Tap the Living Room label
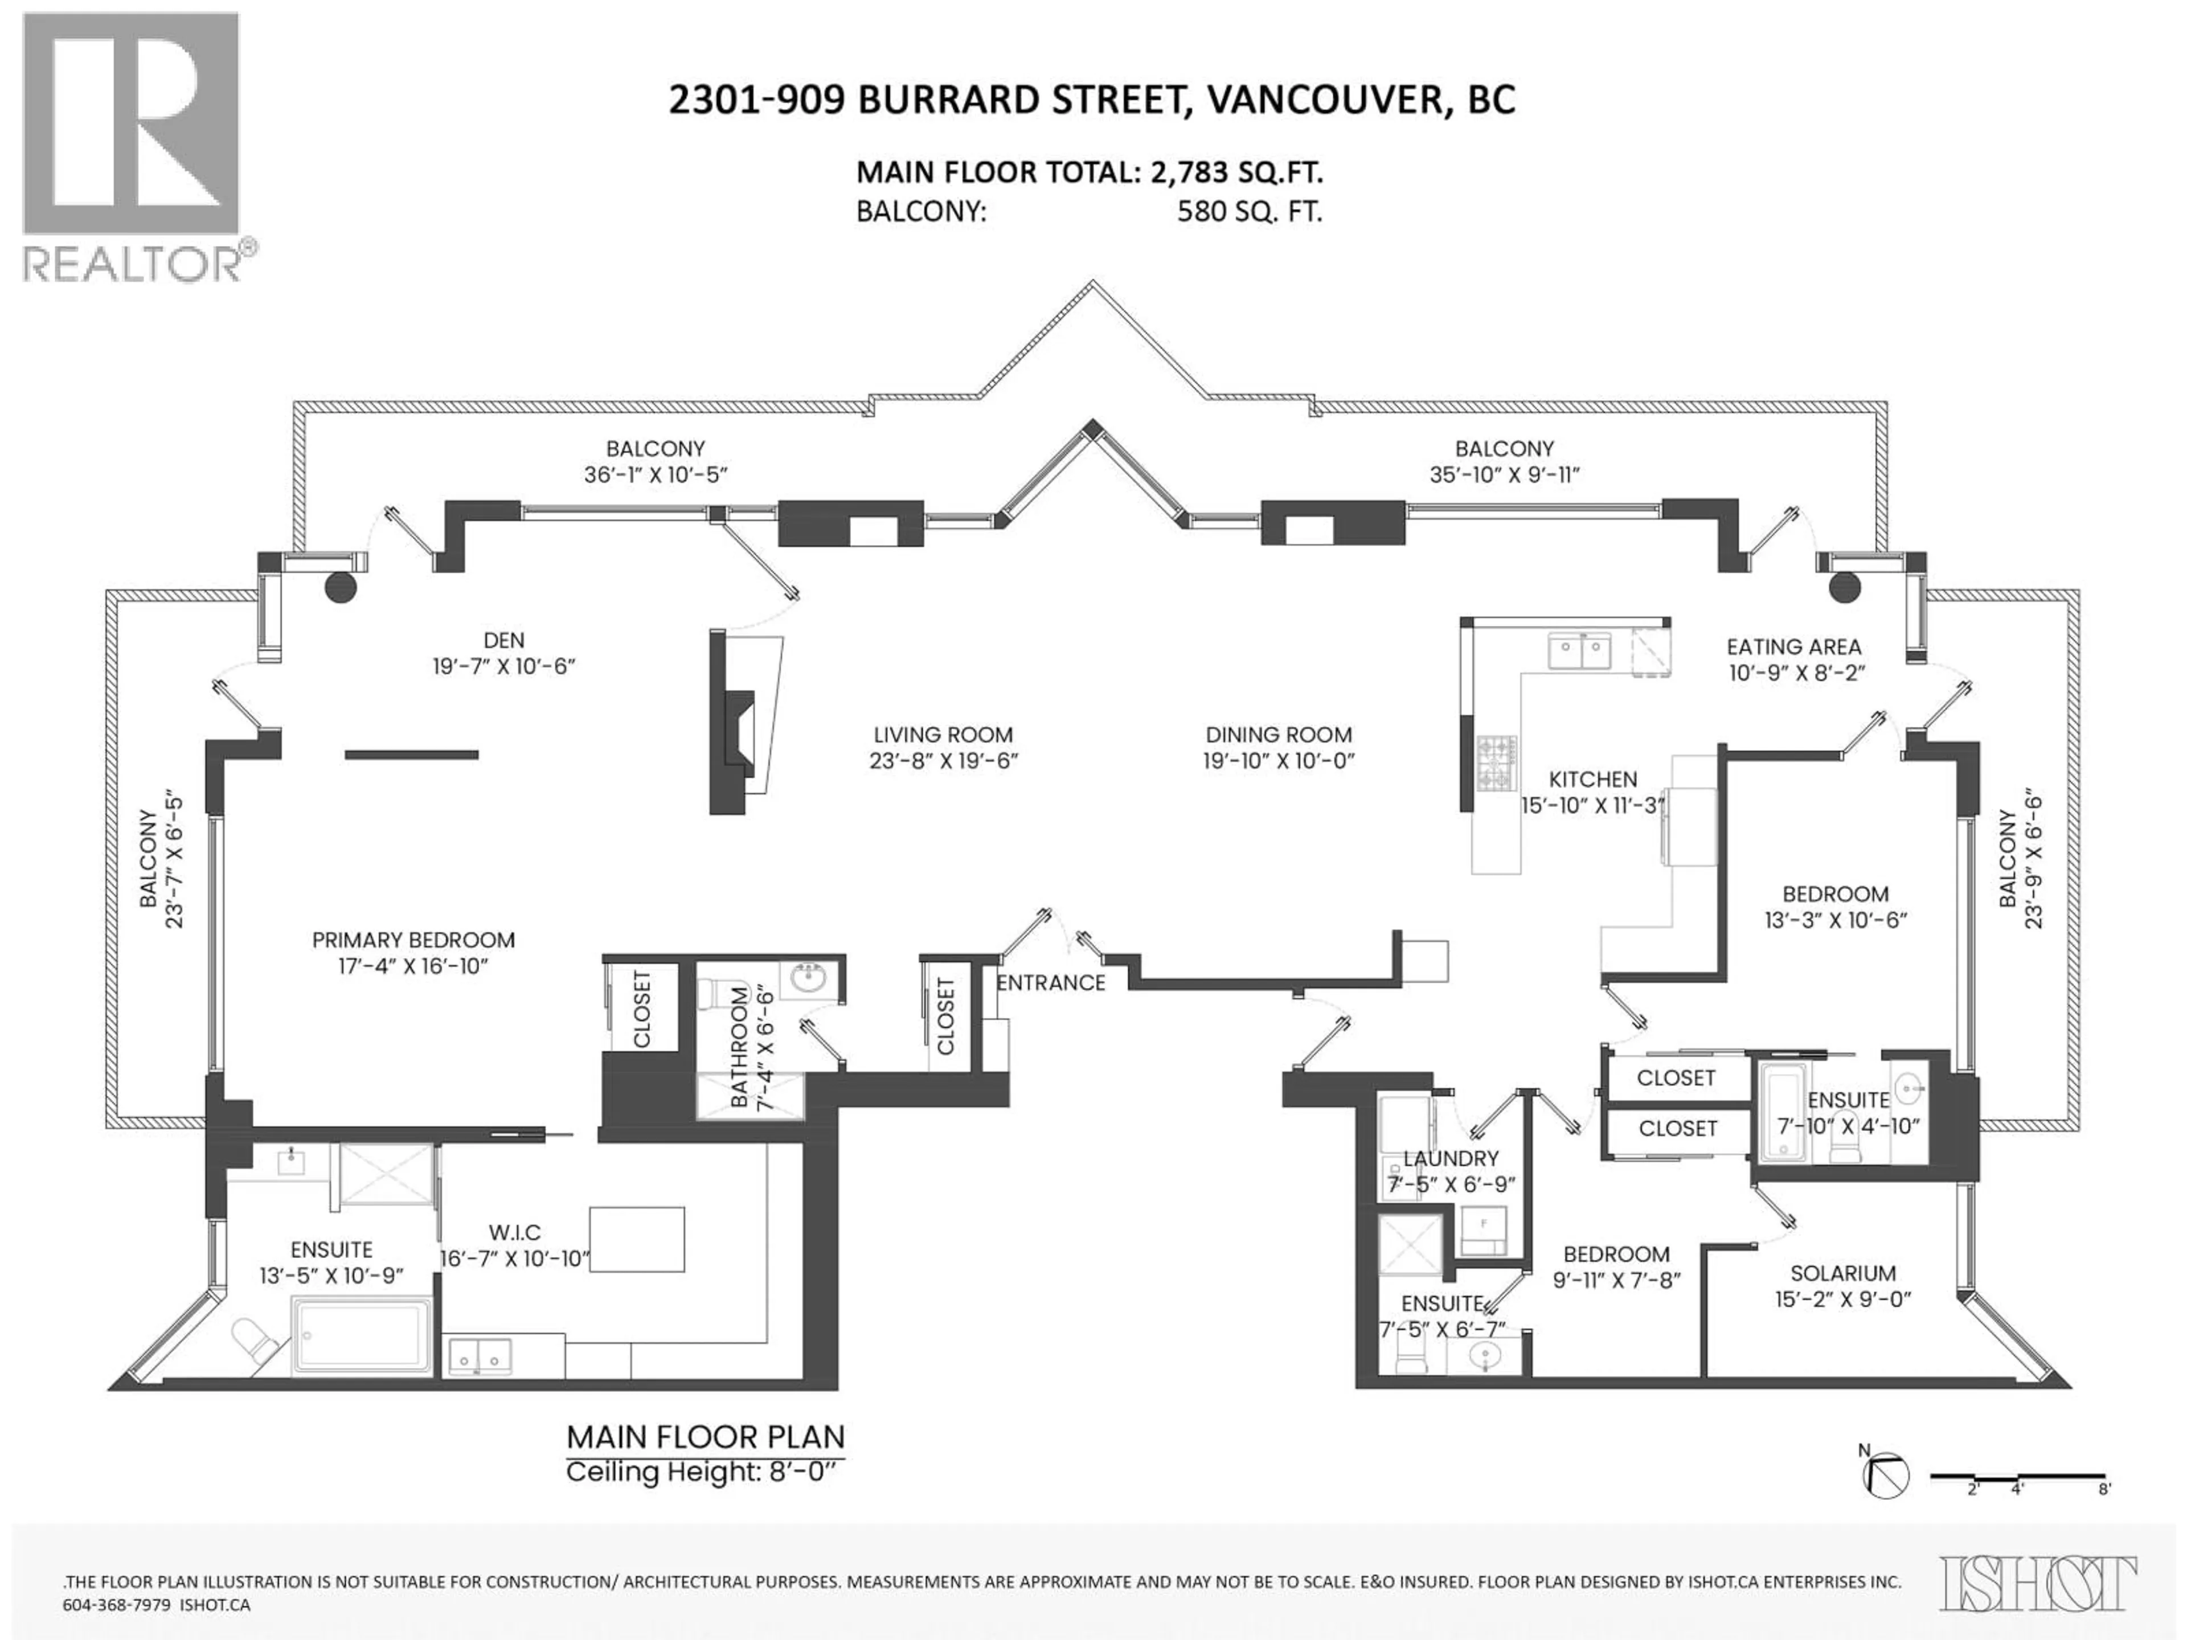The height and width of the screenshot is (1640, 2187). click(942, 735)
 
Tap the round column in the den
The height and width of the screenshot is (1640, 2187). click(340, 587)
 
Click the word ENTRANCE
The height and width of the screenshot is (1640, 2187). click(1050, 983)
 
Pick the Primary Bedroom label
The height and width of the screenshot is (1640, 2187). click(413, 940)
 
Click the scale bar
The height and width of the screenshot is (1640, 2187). click(2017, 1503)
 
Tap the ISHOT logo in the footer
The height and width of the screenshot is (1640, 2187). click(2037, 1582)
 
